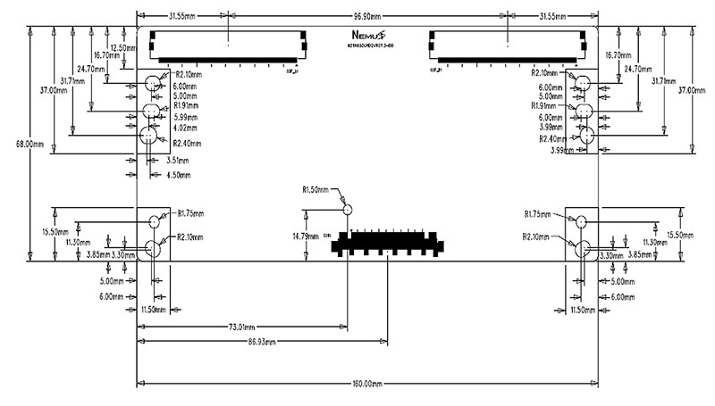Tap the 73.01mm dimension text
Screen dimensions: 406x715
point(245,327)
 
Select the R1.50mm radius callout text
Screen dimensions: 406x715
point(317,189)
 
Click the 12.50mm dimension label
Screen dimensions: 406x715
point(122,47)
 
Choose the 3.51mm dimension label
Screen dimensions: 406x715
point(177,161)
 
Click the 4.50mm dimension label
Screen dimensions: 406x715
point(180,175)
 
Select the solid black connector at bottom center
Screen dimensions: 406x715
point(386,243)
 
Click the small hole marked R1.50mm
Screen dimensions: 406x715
point(349,208)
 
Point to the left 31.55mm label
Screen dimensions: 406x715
point(185,16)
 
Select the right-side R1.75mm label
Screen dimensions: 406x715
point(539,214)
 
